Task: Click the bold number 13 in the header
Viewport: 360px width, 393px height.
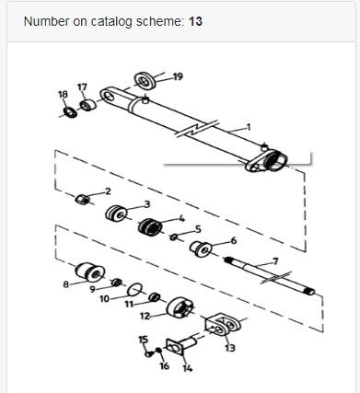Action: [x=195, y=21]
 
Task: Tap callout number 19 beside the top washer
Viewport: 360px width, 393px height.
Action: [x=178, y=76]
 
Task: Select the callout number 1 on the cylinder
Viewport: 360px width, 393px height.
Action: [x=249, y=127]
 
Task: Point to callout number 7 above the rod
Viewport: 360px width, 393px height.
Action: [x=275, y=261]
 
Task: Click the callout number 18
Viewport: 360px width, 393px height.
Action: [x=63, y=94]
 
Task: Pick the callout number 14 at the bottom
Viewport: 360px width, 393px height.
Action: [x=187, y=367]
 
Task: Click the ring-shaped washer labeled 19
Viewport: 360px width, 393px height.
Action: [x=145, y=81]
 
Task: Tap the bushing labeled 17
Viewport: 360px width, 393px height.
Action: [x=88, y=105]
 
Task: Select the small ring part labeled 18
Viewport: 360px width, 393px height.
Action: [x=70, y=113]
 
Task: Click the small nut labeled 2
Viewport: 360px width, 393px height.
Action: [x=83, y=199]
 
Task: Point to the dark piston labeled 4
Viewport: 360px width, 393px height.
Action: [x=150, y=227]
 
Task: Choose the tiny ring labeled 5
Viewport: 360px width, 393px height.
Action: [x=174, y=237]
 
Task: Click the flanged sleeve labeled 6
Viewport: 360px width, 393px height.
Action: [x=201, y=249]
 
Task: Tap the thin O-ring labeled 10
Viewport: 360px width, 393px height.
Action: [x=135, y=289]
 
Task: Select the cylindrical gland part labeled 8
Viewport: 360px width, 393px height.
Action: [x=90, y=272]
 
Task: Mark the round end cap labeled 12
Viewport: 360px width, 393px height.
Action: [x=180, y=307]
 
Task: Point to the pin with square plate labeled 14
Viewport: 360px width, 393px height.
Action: [x=181, y=345]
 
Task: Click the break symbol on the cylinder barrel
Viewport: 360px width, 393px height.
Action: [x=198, y=129]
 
